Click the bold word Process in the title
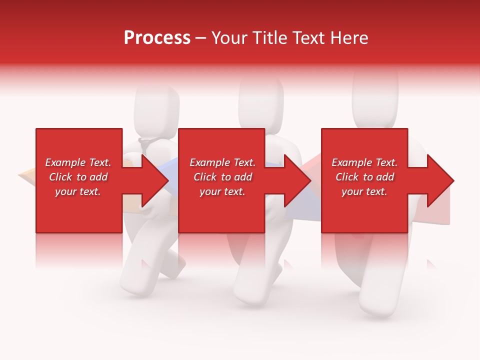[x=157, y=37]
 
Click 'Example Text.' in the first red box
[x=78, y=162]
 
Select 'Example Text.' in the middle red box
[x=222, y=162]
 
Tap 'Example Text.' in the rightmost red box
[x=364, y=162]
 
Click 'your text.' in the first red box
[x=78, y=191]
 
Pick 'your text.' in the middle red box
[x=222, y=191]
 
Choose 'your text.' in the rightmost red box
[x=364, y=191]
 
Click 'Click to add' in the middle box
[x=222, y=177]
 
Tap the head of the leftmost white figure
[x=157, y=109]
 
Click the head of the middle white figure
[x=261, y=102]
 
